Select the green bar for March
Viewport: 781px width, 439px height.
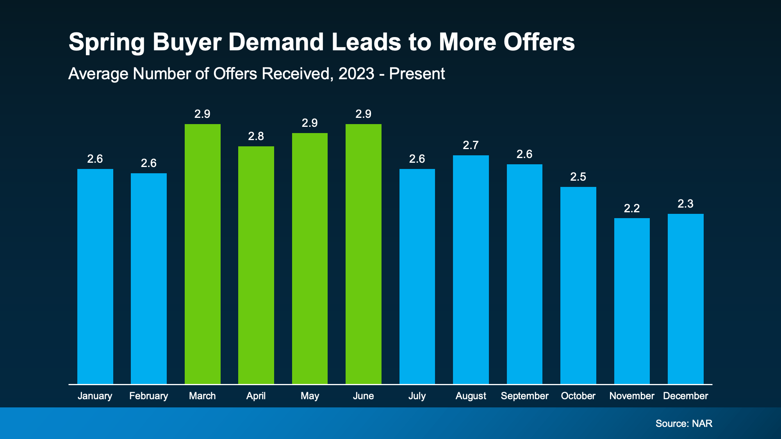point(202,254)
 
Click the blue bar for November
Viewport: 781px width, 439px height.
point(632,300)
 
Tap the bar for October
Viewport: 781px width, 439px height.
point(578,285)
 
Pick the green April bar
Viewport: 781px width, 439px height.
point(256,265)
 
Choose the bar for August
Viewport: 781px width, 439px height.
point(471,269)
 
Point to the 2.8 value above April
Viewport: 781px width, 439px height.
point(256,136)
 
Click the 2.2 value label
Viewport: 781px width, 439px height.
point(632,208)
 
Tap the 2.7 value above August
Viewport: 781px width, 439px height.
point(471,146)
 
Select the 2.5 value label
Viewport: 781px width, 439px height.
point(578,177)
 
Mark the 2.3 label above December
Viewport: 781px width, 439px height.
point(685,204)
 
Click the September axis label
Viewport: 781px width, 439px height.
point(524,396)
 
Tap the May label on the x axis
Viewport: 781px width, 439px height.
point(310,396)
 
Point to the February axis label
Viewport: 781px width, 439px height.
point(148,396)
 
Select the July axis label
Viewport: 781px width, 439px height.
point(417,396)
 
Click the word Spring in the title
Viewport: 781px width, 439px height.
point(106,42)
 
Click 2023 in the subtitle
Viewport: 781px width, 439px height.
point(356,74)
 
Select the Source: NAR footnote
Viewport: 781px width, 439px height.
point(684,423)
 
